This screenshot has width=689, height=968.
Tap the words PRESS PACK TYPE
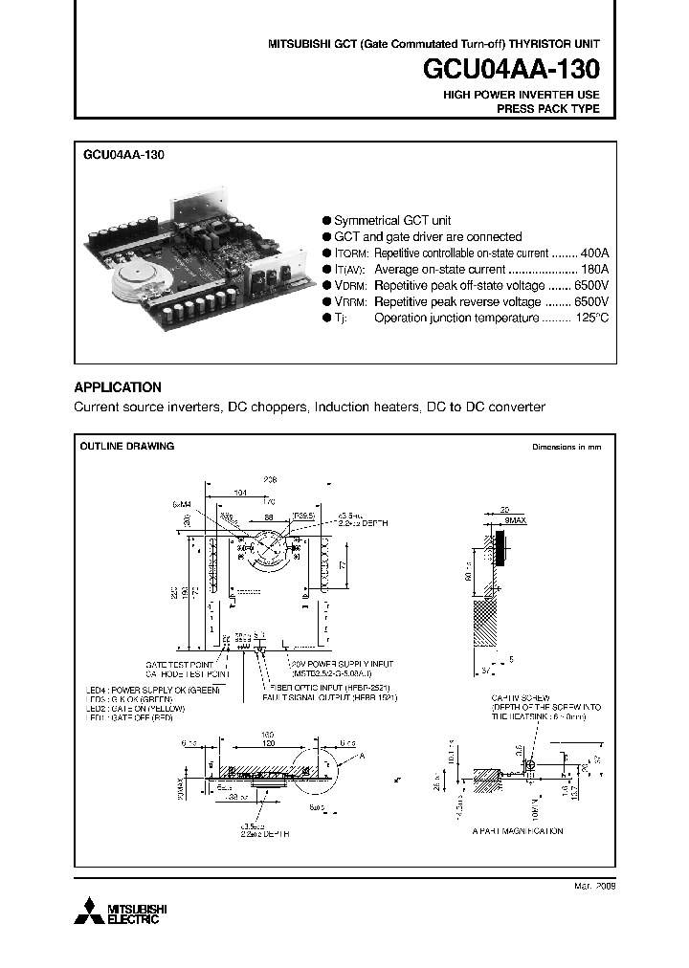point(547,109)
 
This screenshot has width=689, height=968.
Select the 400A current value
point(594,253)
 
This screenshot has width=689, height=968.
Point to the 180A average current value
point(594,270)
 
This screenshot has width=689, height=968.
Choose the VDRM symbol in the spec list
point(350,286)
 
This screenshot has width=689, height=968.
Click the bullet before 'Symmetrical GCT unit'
point(326,220)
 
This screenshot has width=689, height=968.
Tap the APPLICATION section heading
point(118,387)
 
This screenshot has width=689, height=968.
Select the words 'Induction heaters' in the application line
point(367,407)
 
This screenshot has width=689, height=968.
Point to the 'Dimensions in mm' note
point(567,447)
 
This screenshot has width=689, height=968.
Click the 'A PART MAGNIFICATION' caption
point(517,831)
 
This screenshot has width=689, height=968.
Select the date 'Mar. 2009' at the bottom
point(593,887)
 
